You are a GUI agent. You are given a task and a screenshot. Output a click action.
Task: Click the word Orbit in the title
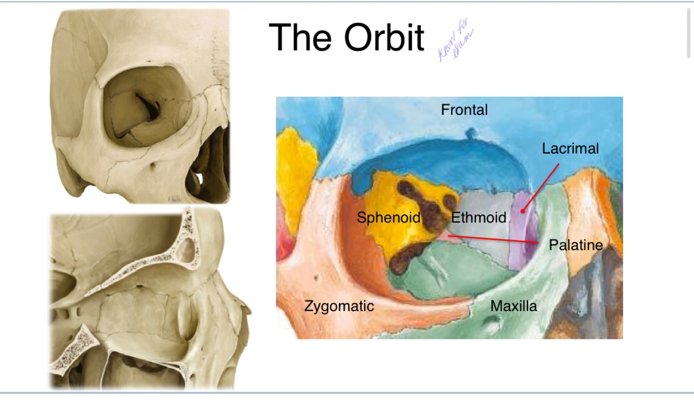tap(384, 37)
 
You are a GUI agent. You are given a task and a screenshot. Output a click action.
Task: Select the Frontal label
tap(464, 110)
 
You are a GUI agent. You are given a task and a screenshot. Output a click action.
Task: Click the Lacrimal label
tap(570, 148)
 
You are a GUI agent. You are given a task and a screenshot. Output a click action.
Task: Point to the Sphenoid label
tap(388, 217)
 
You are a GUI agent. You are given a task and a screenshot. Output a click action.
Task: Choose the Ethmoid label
tap(478, 217)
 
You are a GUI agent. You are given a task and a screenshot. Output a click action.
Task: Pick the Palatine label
tap(576, 245)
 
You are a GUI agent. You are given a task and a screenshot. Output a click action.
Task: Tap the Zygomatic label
tap(339, 306)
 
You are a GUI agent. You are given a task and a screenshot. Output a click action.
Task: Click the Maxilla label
tap(513, 306)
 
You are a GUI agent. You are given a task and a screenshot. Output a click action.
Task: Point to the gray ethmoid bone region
tap(486, 244)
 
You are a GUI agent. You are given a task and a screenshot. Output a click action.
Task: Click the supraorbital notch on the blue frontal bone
tap(471, 133)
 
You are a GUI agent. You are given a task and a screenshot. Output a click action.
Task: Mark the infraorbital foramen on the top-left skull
tap(154, 166)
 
